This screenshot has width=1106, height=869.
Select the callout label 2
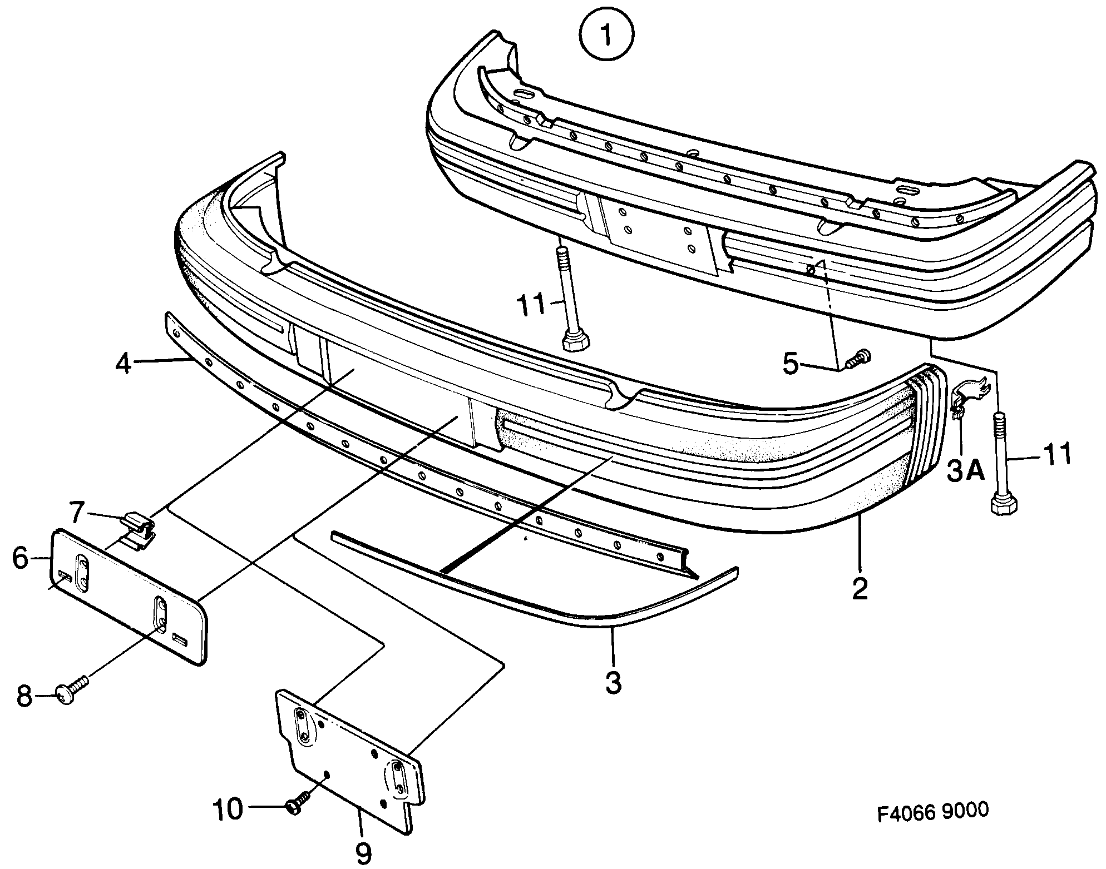coord(860,589)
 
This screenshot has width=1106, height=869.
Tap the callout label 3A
coord(965,472)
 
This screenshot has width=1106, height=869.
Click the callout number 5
coord(791,364)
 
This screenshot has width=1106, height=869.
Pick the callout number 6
coord(21,558)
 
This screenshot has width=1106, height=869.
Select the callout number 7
coord(77,511)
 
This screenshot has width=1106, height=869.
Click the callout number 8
coord(24,696)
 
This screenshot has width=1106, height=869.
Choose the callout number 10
coord(228,809)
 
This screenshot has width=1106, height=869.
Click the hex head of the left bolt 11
coord(576,341)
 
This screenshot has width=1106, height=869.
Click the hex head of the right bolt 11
coord(1004,504)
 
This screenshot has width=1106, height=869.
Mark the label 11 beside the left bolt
coord(533,305)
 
